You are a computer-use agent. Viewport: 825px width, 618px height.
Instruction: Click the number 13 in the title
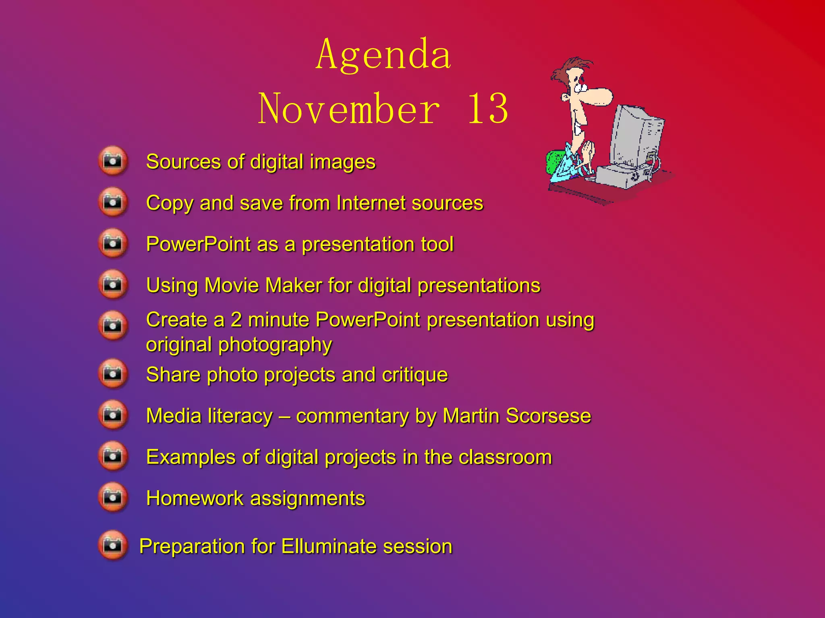click(488, 109)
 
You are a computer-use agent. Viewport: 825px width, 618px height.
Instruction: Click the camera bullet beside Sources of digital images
click(113, 161)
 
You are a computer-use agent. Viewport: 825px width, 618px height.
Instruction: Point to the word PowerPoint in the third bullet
click(198, 244)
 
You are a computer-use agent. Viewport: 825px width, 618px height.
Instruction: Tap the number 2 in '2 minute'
click(236, 320)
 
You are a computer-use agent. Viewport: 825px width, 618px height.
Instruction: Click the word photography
click(275, 345)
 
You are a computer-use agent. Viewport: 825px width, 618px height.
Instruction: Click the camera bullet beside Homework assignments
click(113, 498)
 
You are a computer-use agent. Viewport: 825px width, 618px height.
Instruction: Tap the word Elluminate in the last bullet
click(328, 547)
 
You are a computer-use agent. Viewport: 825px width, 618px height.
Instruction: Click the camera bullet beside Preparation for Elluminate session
click(113, 546)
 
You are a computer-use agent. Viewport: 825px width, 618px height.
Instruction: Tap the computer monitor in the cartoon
click(636, 137)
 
